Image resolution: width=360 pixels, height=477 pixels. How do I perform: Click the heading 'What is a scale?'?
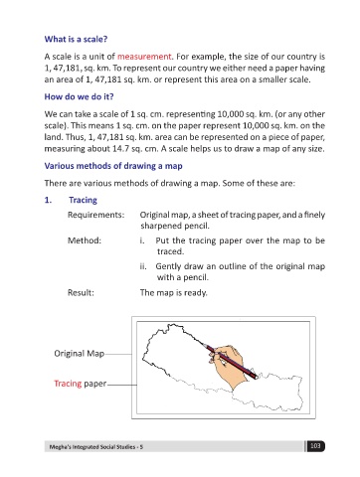pyautogui.click(x=76, y=39)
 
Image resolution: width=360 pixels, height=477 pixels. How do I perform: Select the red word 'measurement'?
pyautogui.click(x=144, y=57)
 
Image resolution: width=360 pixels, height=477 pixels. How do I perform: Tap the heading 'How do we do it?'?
pyautogui.click(x=79, y=96)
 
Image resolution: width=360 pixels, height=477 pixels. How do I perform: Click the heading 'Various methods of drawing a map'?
pyautogui.click(x=113, y=166)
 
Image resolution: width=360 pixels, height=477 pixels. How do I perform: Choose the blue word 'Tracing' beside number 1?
pyautogui.click(x=83, y=200)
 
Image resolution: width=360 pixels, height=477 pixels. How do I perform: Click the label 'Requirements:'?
pyautogui.click(x=96, y=215)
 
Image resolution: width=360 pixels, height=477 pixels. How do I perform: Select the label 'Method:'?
pyautogui.click(x=85, y=240)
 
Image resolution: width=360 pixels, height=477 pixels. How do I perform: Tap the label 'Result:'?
pyautogui.click(x=81, y=293)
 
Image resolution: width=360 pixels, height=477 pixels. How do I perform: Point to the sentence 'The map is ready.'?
pyautogui.click(x=174, y=293)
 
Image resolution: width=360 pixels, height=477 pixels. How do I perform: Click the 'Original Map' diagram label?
pyautogui.click(x=80, y=354)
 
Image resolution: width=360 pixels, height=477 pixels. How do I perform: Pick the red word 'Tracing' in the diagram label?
pyautogui.click(x=68, y=384)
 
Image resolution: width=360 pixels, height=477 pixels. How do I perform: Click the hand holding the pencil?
pyautogui.click(x=228, y=365)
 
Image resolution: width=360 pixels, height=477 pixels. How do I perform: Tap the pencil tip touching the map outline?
pyautogui.click(x=203, y=344)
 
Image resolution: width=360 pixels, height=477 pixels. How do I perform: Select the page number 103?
pyautogui.click(x=315, y=446)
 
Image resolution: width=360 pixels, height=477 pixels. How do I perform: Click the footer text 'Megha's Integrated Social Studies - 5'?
pyautogui.click(x=96, y=447)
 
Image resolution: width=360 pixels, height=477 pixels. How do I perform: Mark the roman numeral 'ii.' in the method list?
pyautogui.click(x=143, y=266)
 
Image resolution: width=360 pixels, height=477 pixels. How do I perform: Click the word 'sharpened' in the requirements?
pyautogui.click(x=158, y=227)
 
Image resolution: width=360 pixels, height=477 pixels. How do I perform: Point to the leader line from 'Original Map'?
pyautogui.click(x=118, y=354)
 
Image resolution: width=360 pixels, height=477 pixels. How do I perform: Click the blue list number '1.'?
pyautogui.click(x=48, y=200)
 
